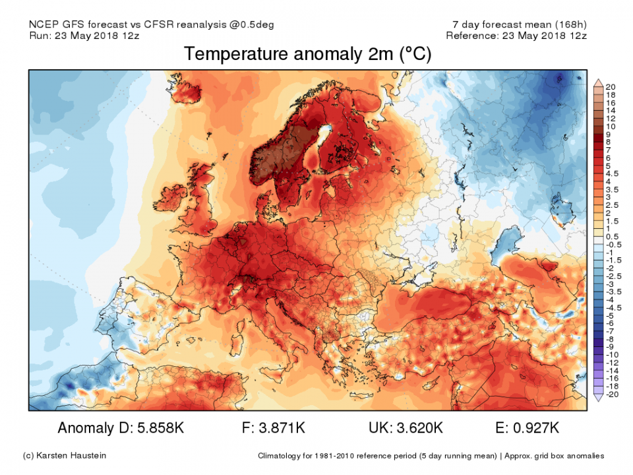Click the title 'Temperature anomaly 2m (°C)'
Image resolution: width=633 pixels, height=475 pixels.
(x=307, y=54)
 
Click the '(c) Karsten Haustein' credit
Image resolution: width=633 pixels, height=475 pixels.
(x=63, y=456)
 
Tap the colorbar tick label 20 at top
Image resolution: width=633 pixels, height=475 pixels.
(x=610, y=87)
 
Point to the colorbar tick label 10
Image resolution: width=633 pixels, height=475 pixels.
(x=610, y=126)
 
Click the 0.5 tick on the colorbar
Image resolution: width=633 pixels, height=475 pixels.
(x=611, y=236)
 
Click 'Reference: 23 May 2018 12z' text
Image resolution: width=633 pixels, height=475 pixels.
(x=516, y=36)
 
